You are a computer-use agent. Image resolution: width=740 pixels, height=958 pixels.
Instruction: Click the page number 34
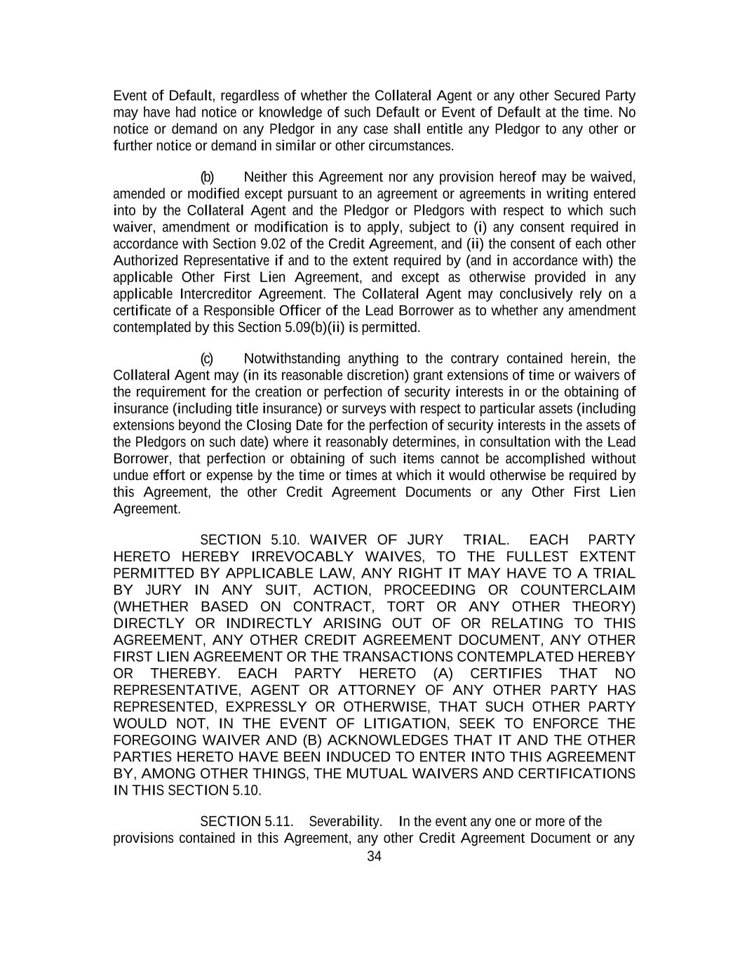374,856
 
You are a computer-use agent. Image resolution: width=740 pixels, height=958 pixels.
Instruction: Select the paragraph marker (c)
207,359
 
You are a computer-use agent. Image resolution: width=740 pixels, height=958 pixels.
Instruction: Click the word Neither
265,177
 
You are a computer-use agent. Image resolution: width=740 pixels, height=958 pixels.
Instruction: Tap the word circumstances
417,146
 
